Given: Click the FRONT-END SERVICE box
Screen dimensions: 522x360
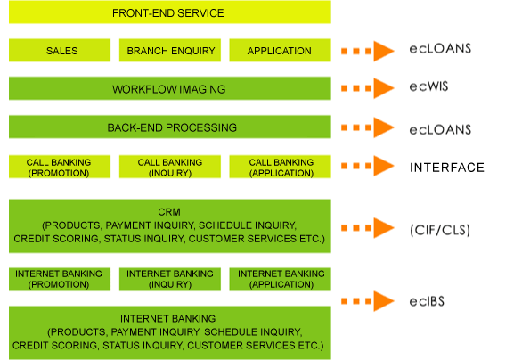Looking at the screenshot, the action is [x=170, y=12].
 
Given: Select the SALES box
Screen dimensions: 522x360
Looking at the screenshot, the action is [x=60, y=50].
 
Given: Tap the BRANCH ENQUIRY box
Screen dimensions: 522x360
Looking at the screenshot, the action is [x=170, y=50].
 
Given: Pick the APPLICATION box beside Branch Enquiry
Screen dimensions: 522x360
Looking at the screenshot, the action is [x=280, y=50].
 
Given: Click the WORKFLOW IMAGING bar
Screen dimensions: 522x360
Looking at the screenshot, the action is [x=170, y=88].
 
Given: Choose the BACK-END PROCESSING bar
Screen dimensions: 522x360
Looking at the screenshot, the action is [x=170, y=127].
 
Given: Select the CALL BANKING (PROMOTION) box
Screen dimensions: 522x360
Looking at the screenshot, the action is [x=60, y=167].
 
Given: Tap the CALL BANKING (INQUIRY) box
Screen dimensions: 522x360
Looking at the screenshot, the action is [x=170, y=167].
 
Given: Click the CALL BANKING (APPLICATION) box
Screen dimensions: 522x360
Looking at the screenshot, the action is [x=280, y=167].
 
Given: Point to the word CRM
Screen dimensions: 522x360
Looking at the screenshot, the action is [x=169, y=212].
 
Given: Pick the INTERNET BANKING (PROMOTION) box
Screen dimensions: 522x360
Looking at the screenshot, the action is [x=60, y=280].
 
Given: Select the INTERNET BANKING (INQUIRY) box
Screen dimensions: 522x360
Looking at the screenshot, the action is [x=170, y=280].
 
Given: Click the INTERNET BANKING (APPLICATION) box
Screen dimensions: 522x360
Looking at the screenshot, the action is [x=280, y=280].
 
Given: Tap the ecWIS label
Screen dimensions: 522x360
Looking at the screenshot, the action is [x=428, y=86].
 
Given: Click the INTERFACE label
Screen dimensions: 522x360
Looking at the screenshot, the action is [x=447, y=168].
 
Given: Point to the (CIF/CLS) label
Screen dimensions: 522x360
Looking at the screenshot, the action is [x=440, y=230].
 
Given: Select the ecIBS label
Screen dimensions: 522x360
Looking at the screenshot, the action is [x=427, y=301].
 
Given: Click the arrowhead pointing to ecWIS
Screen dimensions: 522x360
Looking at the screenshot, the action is [x=383, y=88].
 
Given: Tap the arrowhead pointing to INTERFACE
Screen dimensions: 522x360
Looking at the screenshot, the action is [x=383, y=166].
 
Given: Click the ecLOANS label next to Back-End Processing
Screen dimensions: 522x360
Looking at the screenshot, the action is [x=440, y=130].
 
